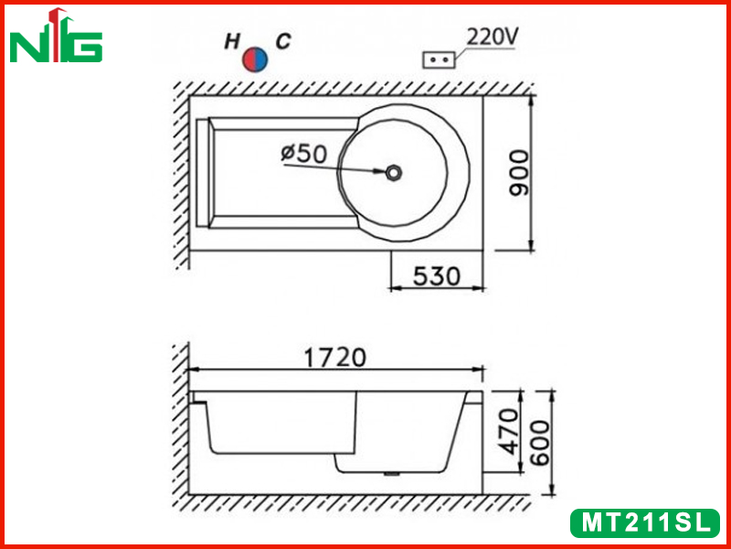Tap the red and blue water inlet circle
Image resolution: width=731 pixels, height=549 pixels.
(x=255, y=59)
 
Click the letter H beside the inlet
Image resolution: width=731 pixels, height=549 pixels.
(x=232, y=41)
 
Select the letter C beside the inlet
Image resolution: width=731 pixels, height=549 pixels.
(x=283, y=41)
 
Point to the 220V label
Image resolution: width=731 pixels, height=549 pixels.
(x=492, y=38)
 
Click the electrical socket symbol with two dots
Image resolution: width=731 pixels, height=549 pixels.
(x=439, y=59)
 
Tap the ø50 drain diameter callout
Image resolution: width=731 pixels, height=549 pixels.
(x=304, y=153)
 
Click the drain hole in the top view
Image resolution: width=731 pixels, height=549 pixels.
(x=394, y=172)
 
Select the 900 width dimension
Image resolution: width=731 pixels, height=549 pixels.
(x=519, y=173)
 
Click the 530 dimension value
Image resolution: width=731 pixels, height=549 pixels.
(x=437, y=276)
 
